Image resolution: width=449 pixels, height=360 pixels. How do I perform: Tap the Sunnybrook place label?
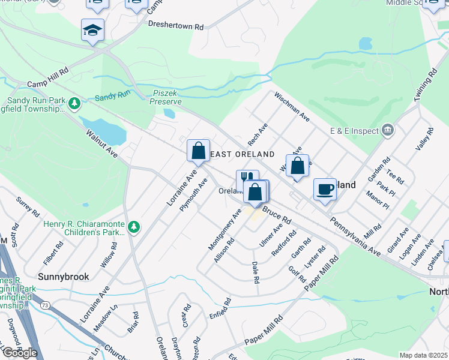[x=64, y=277]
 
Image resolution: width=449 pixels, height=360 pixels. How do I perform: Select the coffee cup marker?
[x=325, y=189]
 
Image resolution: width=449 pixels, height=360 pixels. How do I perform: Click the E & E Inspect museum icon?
[x=388, y=130]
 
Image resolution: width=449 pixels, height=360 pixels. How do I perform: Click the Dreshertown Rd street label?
[x=176, y=27]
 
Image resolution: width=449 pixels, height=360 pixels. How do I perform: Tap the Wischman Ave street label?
[x=292, y=107]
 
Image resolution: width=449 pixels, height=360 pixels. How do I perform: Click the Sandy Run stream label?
[x=112, y=97]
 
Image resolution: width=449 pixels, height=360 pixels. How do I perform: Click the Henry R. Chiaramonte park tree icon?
[x=134, y=226]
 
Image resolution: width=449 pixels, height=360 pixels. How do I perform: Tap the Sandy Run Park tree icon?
[x=74, y=104]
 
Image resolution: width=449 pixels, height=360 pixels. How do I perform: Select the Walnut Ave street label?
[x=101, y=143]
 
